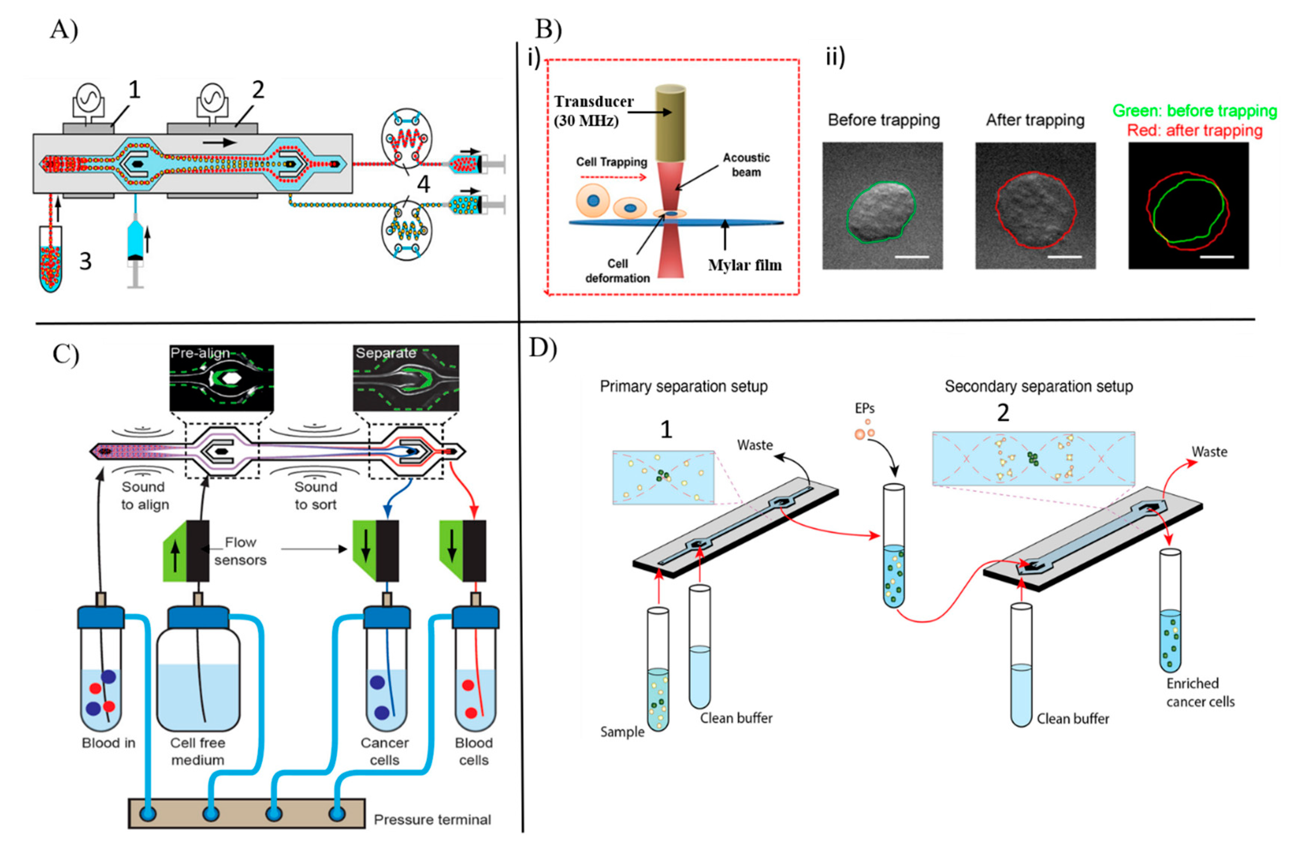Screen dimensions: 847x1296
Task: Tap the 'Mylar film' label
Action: pos(744,265)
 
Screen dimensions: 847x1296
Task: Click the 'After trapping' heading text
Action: pos(1035,120)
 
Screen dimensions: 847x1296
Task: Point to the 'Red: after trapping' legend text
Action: pos(1195,131)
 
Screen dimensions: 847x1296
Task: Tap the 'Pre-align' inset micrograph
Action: pos(222,378)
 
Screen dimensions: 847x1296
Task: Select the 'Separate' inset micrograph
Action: pos(406,378)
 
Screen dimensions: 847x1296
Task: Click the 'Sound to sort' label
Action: pos(316,496)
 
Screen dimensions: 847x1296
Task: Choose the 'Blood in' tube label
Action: pos(108,743)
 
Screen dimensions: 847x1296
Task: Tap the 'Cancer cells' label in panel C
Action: pos(384,751)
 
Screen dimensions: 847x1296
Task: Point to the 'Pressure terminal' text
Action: pos(432,820)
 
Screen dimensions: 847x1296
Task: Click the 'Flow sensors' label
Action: pos(240,551)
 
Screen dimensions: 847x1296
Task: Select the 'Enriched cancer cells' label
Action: pos(1200,692)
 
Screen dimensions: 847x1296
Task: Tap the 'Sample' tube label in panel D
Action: pos(622,731)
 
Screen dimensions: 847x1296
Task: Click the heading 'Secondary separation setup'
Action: pos(1038,386)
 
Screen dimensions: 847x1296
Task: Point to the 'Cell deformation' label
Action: pos(618,271)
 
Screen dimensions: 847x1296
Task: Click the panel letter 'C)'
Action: pos(66,355)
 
